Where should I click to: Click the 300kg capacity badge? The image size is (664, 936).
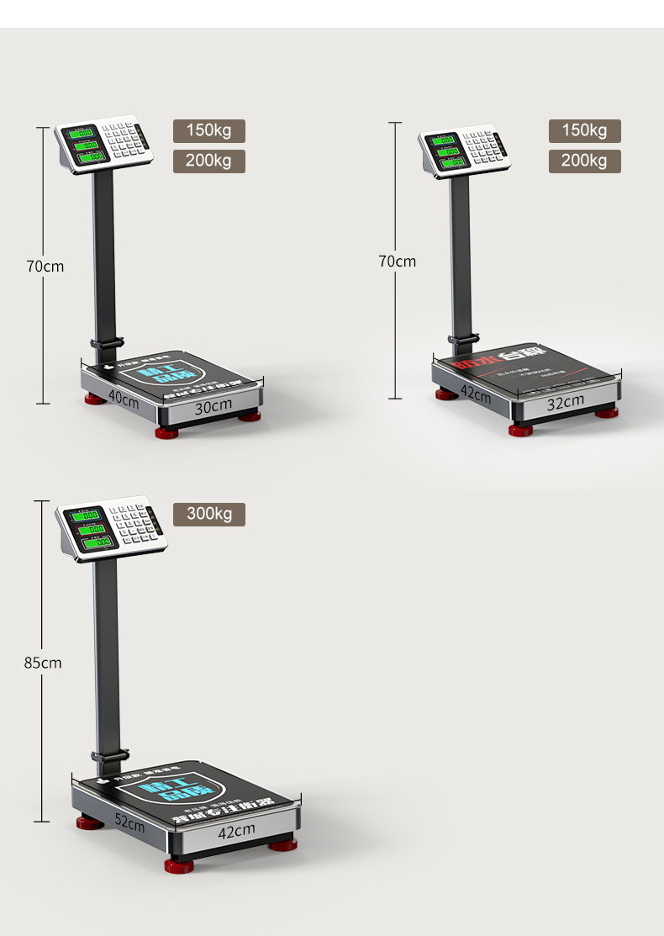click(x=209, y=514)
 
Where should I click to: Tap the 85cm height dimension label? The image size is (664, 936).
click(x=43, y=663)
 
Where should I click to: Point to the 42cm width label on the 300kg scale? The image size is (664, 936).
click(x=236, y=830)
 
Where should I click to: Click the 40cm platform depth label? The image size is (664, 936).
click(x=124, y=399)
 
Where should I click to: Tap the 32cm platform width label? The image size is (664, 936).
click(x=565, y=402)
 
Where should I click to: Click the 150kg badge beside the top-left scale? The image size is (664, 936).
click(x=209, y=131)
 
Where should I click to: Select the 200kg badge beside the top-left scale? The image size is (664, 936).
click(x=209, y=161)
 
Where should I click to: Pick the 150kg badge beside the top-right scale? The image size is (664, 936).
click(x=584, y=131)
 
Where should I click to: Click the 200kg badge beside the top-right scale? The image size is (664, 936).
click(x=584, y=161)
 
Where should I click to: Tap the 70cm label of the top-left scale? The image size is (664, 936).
click(x=45, y=267)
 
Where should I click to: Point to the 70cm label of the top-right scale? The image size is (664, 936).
click(x=397, y=262)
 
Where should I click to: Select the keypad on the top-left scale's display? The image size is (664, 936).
click(x=125, y=142)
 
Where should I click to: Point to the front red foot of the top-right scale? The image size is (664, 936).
click(x=520, y=430)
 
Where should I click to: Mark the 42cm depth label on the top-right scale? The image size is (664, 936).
click(x=475, y=393)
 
